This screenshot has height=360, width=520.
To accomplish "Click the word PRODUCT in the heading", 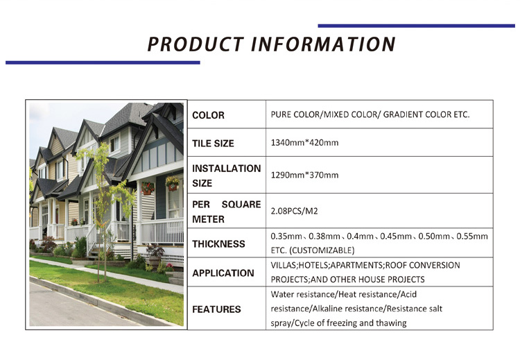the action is [x=196, y=44].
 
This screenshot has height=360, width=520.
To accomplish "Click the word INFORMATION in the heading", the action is [x=323, y=44].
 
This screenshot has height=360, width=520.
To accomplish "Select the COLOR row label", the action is [x=208, y=115].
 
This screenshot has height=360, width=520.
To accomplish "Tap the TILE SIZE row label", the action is [x=213, y=144].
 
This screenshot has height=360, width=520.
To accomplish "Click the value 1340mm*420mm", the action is [x=304, y=143].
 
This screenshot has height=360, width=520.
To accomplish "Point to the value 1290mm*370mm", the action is [x=304, y=175].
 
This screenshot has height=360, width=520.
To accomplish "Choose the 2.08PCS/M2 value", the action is [x=294, y=211].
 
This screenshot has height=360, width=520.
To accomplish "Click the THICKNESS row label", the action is [x=218, y=244].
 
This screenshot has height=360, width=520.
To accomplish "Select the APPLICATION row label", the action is [x=223, y=273].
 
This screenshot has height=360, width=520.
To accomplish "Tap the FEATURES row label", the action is [x=216, y=309].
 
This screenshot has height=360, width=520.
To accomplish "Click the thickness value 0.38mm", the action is [x=324, y=237].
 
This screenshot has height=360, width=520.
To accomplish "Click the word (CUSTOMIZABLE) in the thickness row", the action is [x=322, y=250].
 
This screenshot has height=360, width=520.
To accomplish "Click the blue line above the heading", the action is [x=416, y=26].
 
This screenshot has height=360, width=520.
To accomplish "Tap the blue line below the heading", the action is [x=103, y=62].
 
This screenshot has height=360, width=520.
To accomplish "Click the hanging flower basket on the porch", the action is [x=172, y=183].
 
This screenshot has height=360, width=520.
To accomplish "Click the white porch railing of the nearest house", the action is [x=162, y=232].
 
